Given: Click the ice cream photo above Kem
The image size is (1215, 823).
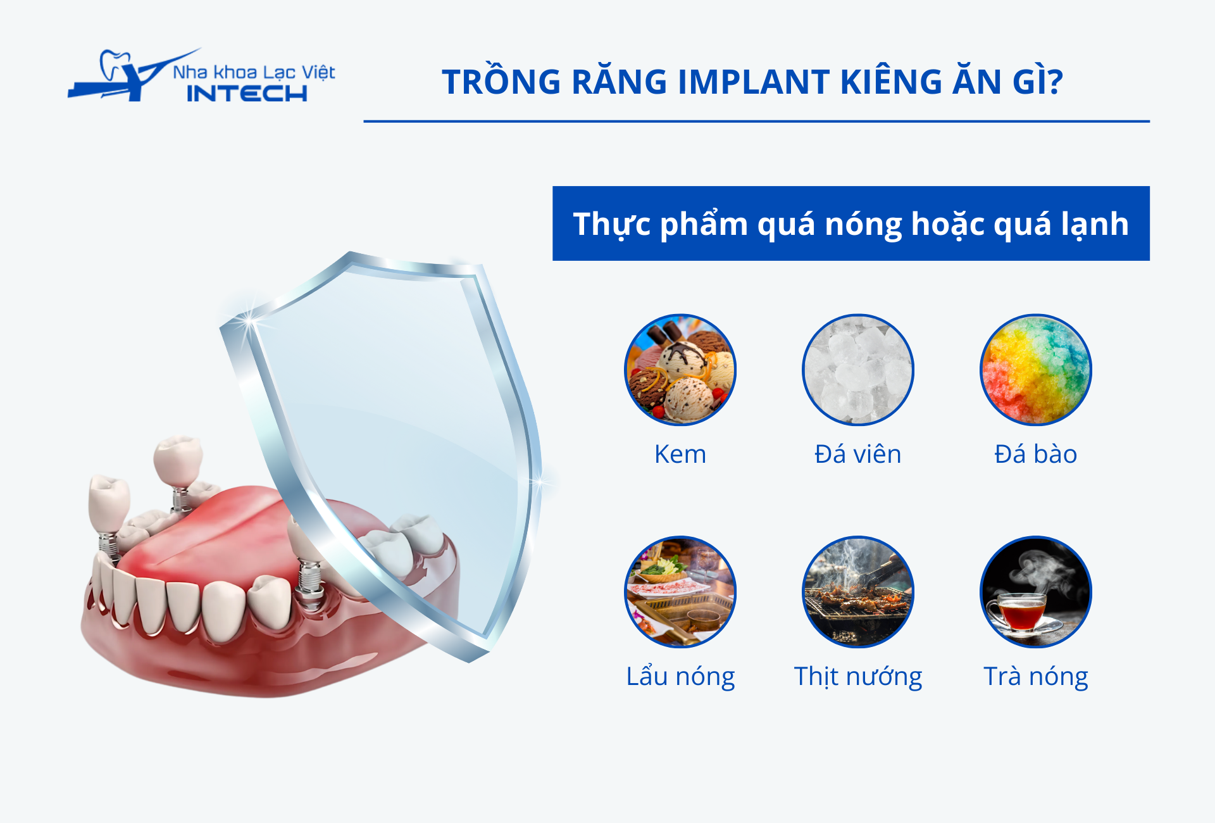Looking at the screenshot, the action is pos(680,370).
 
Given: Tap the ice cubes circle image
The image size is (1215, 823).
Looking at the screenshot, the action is pos(858,370).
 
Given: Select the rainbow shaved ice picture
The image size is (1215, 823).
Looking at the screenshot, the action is pos(1036,370).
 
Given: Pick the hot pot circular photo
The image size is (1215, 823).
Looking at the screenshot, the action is pos(680,592).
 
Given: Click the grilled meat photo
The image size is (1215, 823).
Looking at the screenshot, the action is pos(858,592).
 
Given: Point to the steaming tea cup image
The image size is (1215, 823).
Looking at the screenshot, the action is pos(1036,592).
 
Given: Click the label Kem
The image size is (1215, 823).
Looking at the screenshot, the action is pos(680,455).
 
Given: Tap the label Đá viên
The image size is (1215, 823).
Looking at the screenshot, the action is pos(858,453).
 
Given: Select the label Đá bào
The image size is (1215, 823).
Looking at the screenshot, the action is pos(1036,453).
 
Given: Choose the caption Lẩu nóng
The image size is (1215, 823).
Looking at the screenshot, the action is pos(680,676).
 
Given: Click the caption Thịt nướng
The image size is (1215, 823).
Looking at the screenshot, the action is pos(858,676).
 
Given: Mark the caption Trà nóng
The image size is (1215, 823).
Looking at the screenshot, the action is pos(1036,676).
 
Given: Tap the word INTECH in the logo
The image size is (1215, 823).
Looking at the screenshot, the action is pos(247,94).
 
